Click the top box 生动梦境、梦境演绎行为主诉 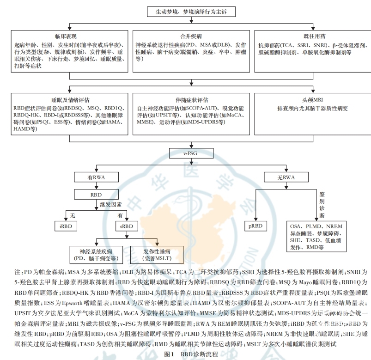[185, 12]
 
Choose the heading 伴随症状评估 [189, 99]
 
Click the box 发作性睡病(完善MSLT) [158, 255]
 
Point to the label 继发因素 [112, 204]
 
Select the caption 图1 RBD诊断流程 [188, 354]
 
